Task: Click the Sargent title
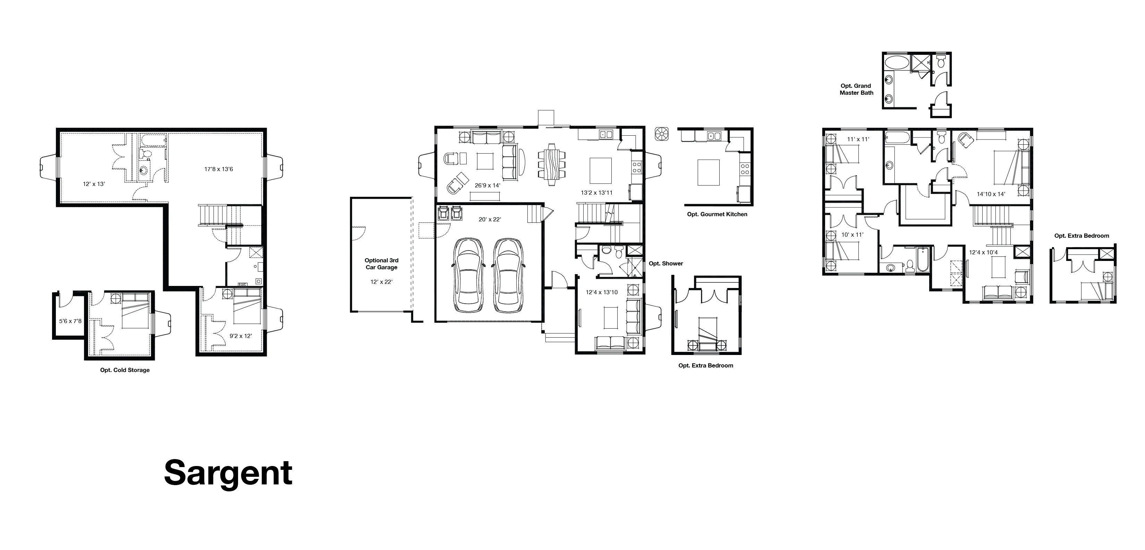(228, 473)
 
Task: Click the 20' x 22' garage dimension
(490, 219)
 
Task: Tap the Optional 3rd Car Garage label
(381, 264)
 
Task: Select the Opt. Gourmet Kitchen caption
(717, 214)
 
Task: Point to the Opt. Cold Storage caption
(125, 370)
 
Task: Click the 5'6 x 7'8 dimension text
(70, 321)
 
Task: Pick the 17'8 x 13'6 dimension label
(219, 169)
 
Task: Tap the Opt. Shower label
(665, 263)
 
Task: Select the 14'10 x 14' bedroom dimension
(991, 194)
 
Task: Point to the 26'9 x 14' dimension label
(487, 185)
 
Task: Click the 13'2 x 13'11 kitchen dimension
(596, 193)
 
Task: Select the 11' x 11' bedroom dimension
(858, 139)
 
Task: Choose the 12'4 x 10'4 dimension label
(983, 253)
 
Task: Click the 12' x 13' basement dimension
(94, 184)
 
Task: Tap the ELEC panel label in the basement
(243, 284)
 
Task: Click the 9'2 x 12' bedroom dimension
(240, 336)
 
